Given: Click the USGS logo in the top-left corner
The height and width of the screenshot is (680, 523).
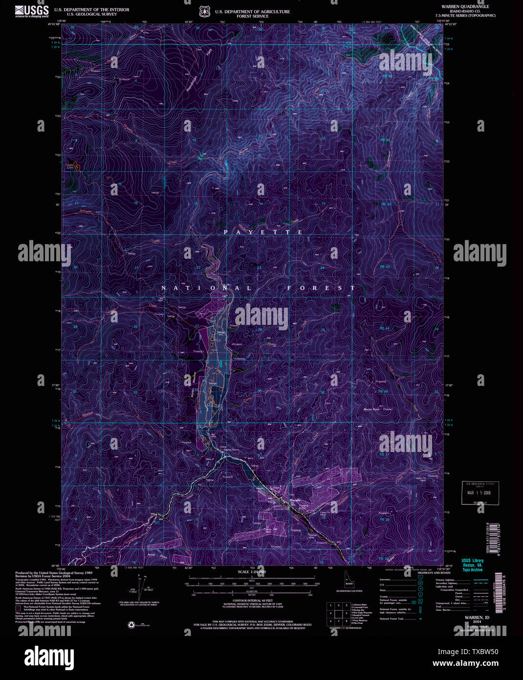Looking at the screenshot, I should pyautogui.click(x=32, y=11).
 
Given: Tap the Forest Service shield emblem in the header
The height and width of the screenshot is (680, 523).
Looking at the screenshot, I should pyautogui.click(x=204, y=11).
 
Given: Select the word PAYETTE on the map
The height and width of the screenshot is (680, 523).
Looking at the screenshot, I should pyautogui.click(x=264, y=232).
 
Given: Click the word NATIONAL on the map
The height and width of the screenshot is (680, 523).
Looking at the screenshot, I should pyautogui.click(x=206, y=288).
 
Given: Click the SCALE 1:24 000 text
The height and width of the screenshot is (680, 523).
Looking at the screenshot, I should pyautogui.click(x=252, y=572).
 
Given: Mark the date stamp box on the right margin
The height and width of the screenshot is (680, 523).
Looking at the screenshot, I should pyautogui.click(x=480, y=493).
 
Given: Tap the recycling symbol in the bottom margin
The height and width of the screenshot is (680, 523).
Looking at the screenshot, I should pyautogui.click(x=131, y=625).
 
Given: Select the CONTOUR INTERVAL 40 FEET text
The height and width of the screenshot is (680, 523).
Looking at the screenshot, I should pyautogui.click(x=252, y=600).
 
